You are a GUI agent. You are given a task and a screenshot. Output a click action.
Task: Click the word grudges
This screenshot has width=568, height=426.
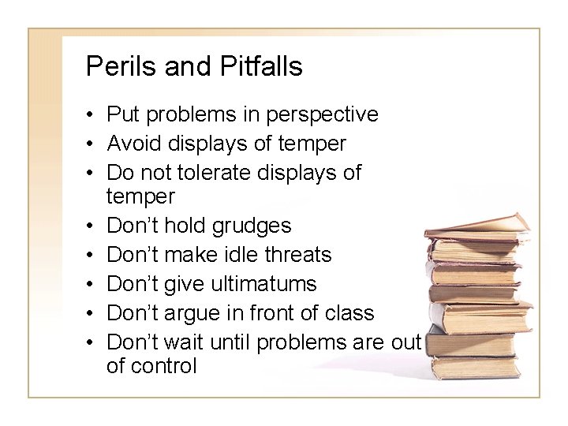click(252, 226)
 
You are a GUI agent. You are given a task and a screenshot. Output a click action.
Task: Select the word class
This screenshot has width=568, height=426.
click(349, 312)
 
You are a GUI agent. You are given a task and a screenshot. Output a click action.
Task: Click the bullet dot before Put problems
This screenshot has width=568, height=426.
click(92, 116)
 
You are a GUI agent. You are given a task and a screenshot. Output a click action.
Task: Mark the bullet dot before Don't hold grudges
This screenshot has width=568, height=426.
click(92, 227)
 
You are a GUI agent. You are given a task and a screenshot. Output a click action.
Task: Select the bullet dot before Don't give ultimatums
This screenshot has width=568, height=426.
click(92, 285)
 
